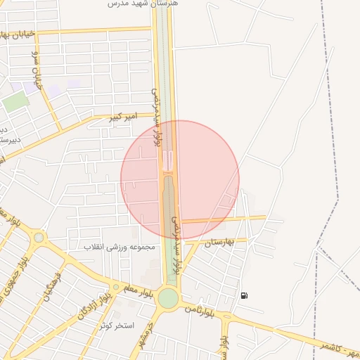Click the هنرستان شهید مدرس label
tap(135, 4)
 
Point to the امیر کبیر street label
tap(120, 116)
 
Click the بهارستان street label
tap(217, 242)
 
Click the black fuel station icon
tap(243, 295)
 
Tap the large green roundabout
tap(168, 298)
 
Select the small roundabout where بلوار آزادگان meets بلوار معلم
tap(116, 286)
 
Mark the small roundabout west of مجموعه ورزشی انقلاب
tap(39, 238)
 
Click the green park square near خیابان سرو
tap(15, 101)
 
